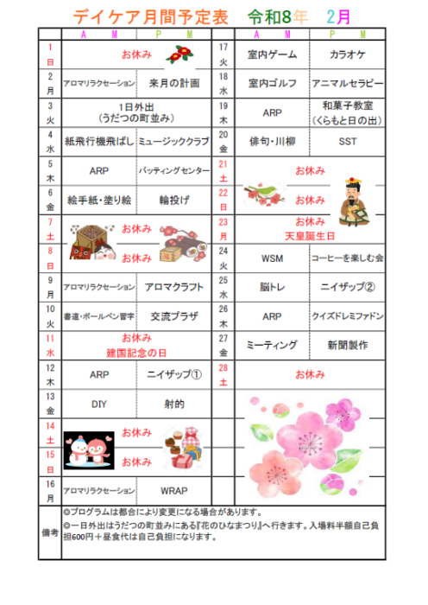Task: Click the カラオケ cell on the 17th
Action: pos(352,54)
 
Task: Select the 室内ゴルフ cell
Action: pos(272,84)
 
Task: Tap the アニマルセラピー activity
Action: pos(352,84)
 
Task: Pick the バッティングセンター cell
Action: pos(173,171)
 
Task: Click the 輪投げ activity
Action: pos(173,200)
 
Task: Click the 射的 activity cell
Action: pos(173,404)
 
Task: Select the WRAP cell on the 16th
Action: pos(173,490)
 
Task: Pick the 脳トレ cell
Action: pos(272,286)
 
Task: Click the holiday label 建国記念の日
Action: pos(135,353)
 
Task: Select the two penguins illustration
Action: pos(90,448)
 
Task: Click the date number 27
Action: pos(223,339)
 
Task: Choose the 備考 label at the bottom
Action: pos(49,533)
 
